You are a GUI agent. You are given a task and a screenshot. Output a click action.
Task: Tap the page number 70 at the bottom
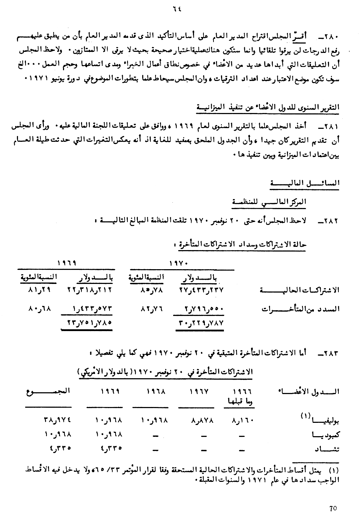click(333, 508)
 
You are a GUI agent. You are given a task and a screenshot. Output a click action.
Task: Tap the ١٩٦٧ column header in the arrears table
click(197, 392)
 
